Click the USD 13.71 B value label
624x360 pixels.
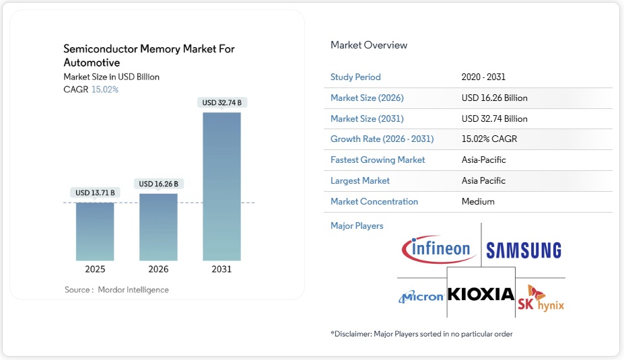point(95,193)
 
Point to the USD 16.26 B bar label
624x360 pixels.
point(158,184)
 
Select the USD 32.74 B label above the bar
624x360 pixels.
point(221,103)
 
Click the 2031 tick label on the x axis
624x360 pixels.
point(221,269)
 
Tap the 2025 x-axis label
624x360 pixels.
point(95,269)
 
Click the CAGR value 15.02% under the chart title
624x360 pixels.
point(104,89)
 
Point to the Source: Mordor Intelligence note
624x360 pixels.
point(116,290)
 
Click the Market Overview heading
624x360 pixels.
point(369,45)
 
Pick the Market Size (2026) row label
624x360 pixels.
point(367,98)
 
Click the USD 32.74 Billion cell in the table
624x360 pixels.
point(494,119)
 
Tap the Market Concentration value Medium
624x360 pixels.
point(478,202)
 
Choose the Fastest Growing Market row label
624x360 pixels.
point(378,160)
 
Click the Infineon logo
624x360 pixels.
point(438,249)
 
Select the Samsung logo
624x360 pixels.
point(524,251)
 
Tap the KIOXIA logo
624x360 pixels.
point(481,294)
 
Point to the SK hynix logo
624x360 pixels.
point(541,299)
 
